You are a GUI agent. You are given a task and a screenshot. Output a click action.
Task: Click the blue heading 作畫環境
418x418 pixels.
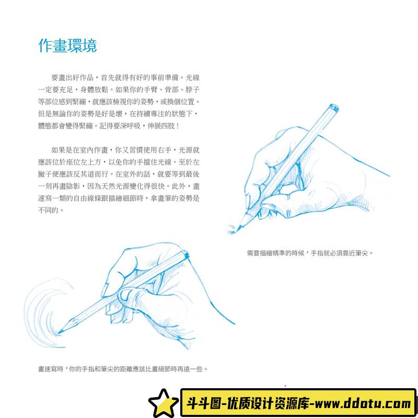point(67,45)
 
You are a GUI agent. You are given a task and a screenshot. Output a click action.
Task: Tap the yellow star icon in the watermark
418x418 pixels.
point(163,403)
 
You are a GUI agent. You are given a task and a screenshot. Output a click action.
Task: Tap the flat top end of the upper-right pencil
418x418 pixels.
point(332,108)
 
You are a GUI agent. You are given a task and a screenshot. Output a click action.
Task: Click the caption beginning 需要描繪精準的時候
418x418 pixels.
point(310,253)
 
